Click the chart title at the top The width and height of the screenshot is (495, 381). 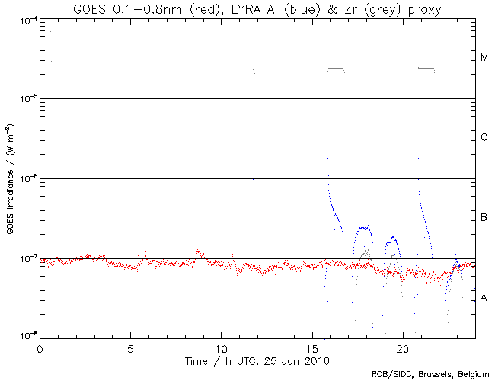[x=257, y=8]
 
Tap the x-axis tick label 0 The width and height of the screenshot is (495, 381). [x=40, y=348]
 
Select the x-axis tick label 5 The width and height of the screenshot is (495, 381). [x=130, y=348]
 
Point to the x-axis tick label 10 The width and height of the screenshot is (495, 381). [x=221, y=348]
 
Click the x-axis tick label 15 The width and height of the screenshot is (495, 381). [x=311, y=348]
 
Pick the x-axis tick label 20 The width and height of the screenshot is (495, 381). [x=402, y=348]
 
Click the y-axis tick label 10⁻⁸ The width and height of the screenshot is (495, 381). [x=24, y=336]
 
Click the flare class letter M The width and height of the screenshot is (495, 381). [x=484, y=58]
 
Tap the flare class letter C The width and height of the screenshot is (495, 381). [x=484, y=138]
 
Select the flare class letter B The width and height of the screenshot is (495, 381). [x=484, y=219]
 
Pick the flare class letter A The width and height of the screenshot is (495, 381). [x=484, y=298]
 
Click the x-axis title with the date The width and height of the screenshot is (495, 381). [x=257, y=360]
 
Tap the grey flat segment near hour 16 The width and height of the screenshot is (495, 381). [x=336, y=69]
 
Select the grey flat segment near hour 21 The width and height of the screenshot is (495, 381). [x=426, y=68]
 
